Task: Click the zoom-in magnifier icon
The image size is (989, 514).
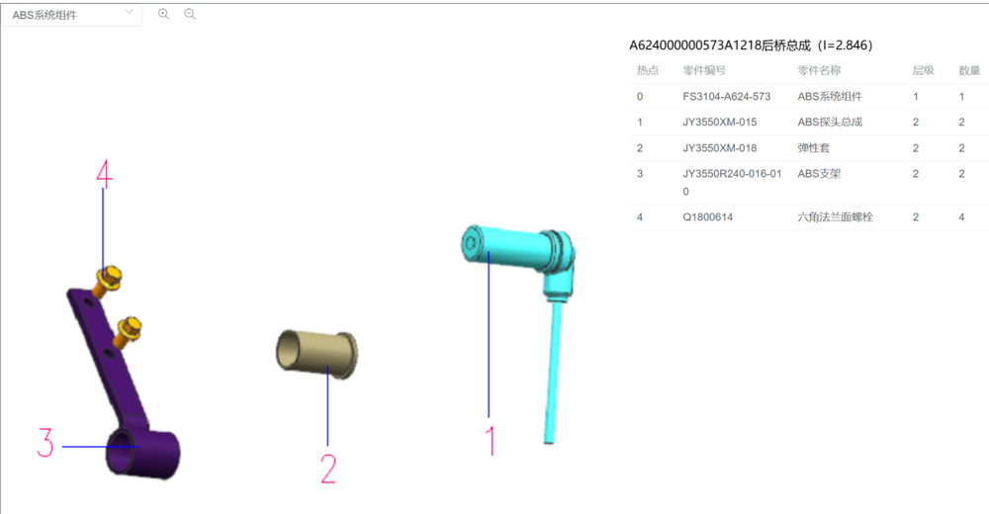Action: [x=163, y=14]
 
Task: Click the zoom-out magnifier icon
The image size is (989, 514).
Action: [x=190, y=14]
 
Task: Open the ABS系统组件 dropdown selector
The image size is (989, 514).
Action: [x=71, y=15]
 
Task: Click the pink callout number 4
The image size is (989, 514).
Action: [x=105, y=173]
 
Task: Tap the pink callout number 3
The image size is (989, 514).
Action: [x=45, y=442]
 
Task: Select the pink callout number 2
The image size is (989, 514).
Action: [x=328, y=469]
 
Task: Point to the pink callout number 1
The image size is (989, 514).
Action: [x=492, y=440]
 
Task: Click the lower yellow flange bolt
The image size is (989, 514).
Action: [x=128, y=332]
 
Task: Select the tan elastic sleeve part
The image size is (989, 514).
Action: [x=316, y=354]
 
